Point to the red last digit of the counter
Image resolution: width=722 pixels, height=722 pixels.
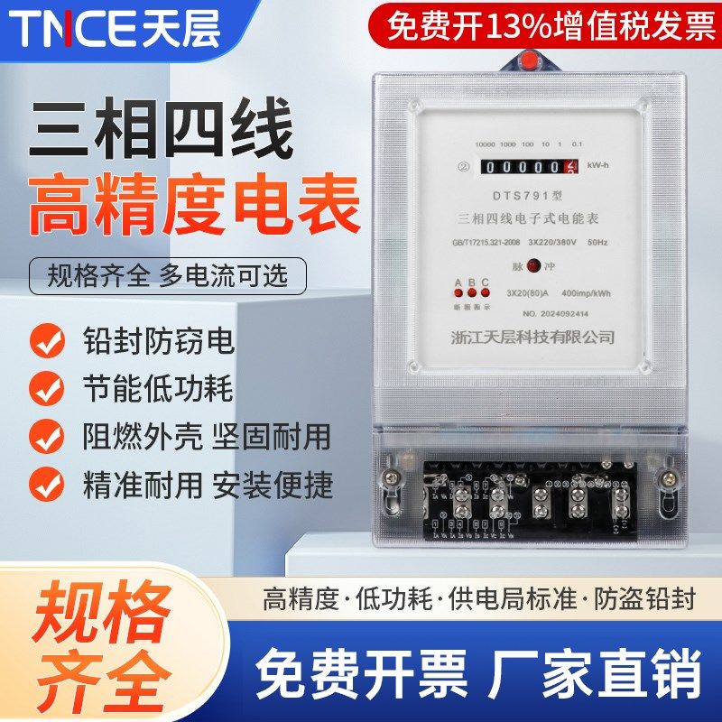570,166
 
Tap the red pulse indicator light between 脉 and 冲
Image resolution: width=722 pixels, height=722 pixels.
533,265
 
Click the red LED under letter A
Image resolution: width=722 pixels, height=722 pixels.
458,294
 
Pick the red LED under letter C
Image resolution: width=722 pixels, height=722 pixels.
485,294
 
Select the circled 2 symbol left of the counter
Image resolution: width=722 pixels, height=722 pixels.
438,166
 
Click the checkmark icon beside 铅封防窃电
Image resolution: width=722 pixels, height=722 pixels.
46,342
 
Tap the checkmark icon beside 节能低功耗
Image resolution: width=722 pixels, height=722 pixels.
46,390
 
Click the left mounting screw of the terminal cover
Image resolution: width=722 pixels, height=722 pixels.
391,475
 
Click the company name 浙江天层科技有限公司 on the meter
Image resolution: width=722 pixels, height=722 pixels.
532,338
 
